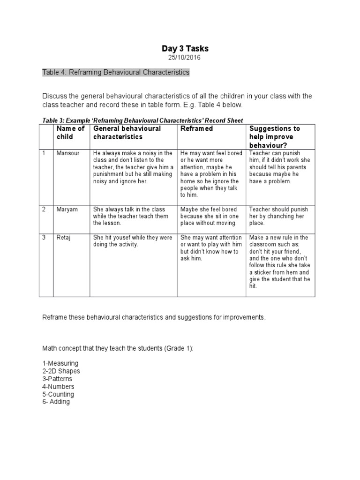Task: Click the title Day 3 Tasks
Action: [185, 49]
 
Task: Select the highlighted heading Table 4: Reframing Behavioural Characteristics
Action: [116, 72]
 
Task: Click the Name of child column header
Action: [70, 133]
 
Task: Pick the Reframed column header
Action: [197, 128]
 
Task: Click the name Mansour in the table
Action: [66, 153]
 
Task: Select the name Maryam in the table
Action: [66, 210]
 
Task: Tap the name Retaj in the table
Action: [63, 238]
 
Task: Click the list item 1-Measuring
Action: [60, 363]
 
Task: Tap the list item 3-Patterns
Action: [58, 379]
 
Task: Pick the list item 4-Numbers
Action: [58, 387]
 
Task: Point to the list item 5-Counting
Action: [58, 394]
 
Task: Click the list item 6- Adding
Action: [56, 402]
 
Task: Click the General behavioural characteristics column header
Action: [127, 133]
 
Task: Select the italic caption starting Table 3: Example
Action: [142, 120]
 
